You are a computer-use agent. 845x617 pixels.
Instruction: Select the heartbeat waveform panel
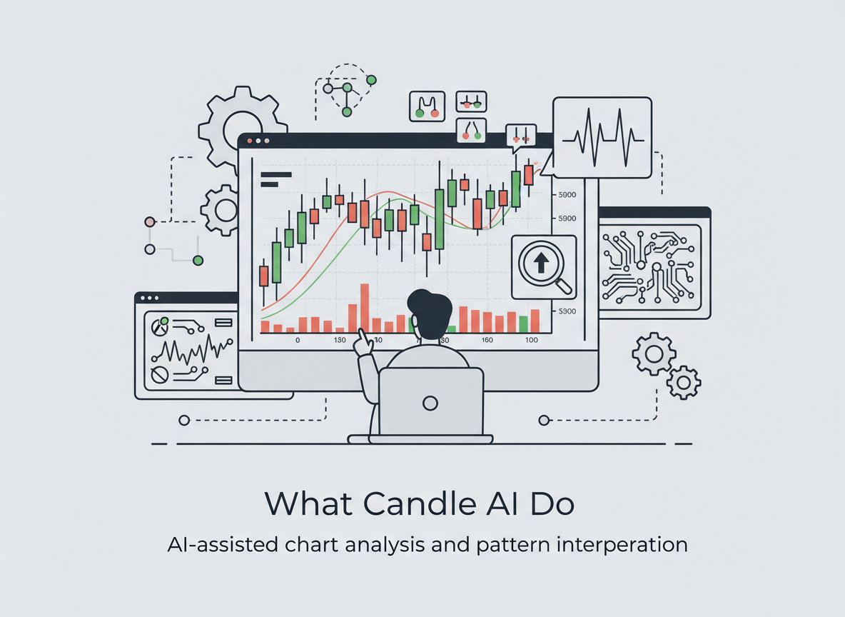pyautogui.click(x=602, y=137)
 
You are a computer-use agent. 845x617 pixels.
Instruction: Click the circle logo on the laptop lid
pyautogui.click(x=430, y=403)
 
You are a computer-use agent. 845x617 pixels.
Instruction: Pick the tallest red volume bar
pyautogui.click(x=365, y=308)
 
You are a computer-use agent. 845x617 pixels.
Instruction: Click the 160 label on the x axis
pyautogui.click(x=487, y=340)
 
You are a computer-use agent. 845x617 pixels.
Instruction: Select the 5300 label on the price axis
pyautogui.click(x=567, y=311)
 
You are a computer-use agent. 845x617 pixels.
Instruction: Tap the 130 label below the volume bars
pyautogui.click(x=340, y=340)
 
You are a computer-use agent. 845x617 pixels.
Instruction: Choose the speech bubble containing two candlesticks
pyautogui.click(x=520, y=134)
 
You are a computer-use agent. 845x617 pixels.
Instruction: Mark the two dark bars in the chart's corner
pyautogui.click(x=275, y=179)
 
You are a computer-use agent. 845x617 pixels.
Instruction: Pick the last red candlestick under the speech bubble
pyautogui.click(x=528, y=174)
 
